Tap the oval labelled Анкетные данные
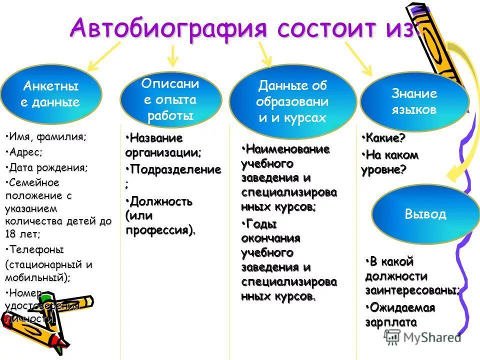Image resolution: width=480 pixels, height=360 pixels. [x=51, y=94]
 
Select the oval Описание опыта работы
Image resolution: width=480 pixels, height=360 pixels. [x=170, y=99]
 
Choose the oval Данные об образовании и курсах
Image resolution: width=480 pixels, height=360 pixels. [x=292, y=101]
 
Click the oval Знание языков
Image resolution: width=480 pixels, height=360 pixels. [x=414, y=101]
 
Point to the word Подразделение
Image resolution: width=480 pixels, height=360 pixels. [x=174, y=169]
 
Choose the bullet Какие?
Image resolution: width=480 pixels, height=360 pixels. [x=385, y=137]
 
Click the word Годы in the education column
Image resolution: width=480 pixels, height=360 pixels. [x=259, y=223]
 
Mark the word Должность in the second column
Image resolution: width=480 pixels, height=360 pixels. [x=160, y=201]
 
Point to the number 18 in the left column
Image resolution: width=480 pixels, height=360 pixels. [x=11, y=233]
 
